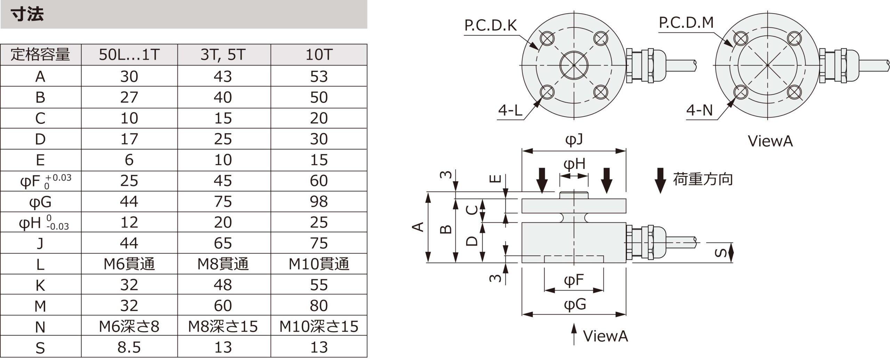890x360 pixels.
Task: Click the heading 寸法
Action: point(27,15)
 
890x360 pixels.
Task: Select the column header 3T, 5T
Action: point(223,55)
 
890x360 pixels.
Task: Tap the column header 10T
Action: point(319,55)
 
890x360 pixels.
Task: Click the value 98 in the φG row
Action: point(319,202)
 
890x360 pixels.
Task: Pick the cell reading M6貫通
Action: point(129,264)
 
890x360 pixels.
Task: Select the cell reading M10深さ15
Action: point(319,327)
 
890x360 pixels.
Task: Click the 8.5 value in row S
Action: point(129,347)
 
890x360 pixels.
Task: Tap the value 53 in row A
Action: point(319,76)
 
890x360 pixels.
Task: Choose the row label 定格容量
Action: point(40,55)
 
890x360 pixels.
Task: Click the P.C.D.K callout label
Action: point(491,25)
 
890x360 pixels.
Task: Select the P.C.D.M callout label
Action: point(686,23)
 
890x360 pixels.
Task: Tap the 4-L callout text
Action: point(510,111)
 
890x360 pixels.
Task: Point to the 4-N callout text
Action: point(699,111)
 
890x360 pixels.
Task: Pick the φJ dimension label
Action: point(574,140)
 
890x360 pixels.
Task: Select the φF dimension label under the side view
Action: point(574,280)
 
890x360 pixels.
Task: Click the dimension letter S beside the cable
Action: point(720,253)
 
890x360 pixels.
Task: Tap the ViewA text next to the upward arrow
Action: point(605,336)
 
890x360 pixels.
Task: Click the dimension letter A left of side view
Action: point(418,227)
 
